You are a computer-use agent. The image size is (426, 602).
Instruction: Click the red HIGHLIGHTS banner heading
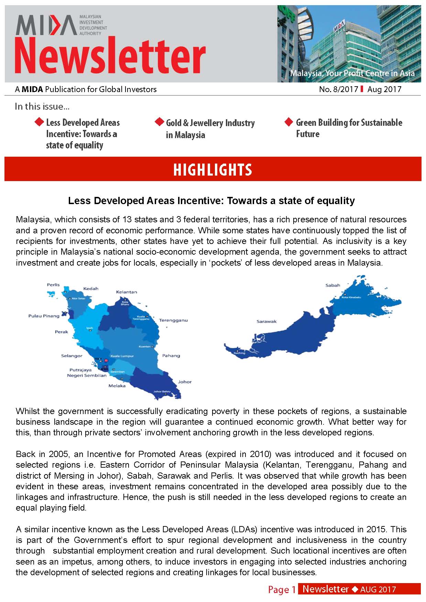[212, 170]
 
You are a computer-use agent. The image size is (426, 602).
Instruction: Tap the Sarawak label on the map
[266, 322]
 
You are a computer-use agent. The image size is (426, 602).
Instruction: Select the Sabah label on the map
[332, 285]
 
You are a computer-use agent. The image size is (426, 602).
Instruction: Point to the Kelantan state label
[127, 292]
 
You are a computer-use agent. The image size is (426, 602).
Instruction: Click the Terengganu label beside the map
[173, 320]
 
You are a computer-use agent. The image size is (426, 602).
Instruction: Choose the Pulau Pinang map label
[44, 316]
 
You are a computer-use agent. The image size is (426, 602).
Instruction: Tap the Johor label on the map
[185, 382]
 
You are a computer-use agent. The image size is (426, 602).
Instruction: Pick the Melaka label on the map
[117, 386]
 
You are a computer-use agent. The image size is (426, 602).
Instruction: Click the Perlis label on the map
[53, 285]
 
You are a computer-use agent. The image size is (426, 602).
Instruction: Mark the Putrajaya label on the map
[80, 370]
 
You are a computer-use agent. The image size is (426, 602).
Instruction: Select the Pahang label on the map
[171, 356]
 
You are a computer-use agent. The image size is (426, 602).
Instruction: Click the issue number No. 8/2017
[338, 90]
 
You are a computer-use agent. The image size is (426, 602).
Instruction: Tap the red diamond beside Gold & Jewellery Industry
[159, 122]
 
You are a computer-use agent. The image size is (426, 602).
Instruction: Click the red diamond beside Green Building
[289, 122]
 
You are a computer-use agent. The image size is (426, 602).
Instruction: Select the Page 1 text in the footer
[282, 590]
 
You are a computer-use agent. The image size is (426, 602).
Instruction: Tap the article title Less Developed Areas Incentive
[211, 201]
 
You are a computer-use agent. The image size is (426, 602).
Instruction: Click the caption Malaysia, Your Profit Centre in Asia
[352, 73]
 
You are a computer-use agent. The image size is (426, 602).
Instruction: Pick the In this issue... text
[42, 107]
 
